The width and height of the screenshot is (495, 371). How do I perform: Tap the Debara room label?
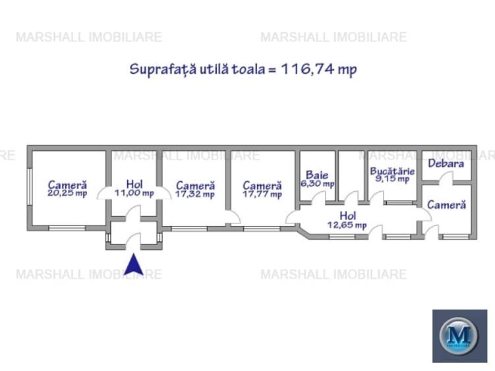(x=446, y=163)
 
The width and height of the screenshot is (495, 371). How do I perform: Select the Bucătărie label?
(x=392, y=171)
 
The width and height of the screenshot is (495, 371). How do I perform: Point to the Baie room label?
(x=316, y=175)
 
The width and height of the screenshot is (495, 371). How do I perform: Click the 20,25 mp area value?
(x=67, y=194)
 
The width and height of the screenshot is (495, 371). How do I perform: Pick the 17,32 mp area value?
(x=194, y=194)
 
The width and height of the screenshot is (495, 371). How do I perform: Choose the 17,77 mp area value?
(x=262, y=194)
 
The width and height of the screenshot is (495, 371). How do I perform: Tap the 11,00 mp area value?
(x=134, y=194)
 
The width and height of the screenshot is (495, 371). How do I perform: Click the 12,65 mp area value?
(x=347, y=225)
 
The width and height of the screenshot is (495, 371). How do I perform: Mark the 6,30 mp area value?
(x=317, y=184)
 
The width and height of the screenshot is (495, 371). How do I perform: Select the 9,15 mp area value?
(x=392, y=179)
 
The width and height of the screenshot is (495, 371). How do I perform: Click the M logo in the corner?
(x=459, y=335)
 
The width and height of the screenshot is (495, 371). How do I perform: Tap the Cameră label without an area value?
(x=446, y=205)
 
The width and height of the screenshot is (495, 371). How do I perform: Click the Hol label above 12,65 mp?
(x=348, y=215)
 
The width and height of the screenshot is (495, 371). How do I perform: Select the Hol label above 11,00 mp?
(x=134, y=185)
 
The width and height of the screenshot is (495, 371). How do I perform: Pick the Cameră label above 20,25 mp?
(x=67, y=186)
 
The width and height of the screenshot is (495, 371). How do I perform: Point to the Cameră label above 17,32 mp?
(x=195, y=186)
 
